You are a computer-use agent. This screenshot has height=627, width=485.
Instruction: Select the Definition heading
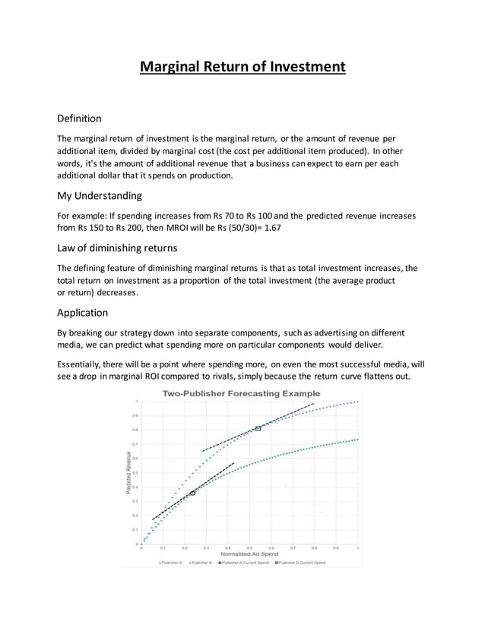(80, 118)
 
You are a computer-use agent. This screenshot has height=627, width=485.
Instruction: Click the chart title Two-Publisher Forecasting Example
(241, 393)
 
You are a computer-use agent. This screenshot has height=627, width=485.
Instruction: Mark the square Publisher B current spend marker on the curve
(258, 429)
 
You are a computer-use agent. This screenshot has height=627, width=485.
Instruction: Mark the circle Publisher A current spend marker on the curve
(192, 493)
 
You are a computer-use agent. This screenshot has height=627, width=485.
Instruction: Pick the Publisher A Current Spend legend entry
(244, 563)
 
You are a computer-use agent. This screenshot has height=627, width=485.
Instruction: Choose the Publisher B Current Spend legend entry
(302, 563)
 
